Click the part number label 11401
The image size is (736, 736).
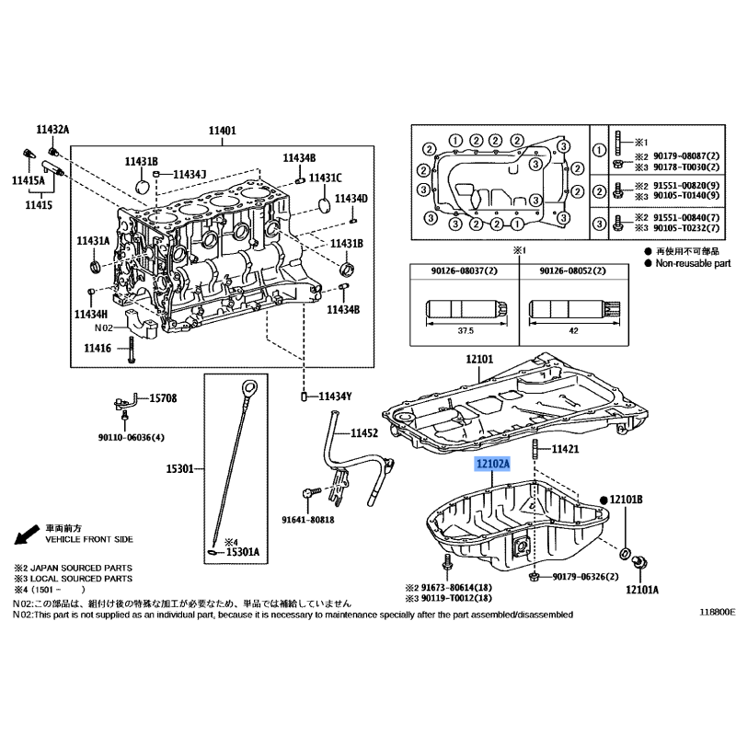(222, 131)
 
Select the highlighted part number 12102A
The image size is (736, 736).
(492, 465)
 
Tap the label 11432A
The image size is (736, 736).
(52, 131)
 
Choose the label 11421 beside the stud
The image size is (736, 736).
(565, 449)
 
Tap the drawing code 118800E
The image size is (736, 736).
(717, 611)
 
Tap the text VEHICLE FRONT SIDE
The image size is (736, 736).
(86, 539)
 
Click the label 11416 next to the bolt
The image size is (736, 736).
(97, 348)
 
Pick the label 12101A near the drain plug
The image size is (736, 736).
(642, 589)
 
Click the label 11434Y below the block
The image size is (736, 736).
(336, 397)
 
